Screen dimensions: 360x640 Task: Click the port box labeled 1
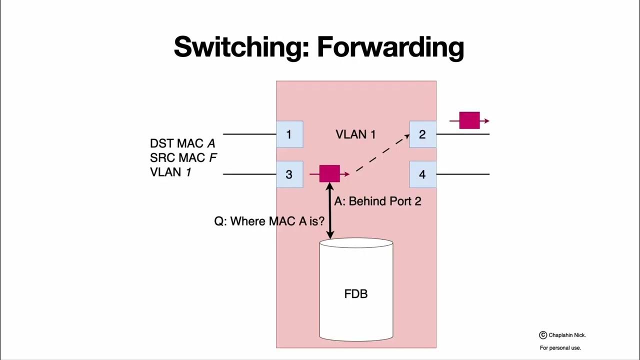(289, 134)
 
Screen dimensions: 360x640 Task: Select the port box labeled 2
(422, 134)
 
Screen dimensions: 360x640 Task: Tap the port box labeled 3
(289, 174)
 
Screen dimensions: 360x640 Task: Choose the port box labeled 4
(422, 174)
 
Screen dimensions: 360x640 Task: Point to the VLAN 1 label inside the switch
(355, 134)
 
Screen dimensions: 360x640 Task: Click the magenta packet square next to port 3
(329, 173)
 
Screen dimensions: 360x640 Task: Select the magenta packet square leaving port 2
(469, 120)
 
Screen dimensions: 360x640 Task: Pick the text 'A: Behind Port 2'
(377, 201)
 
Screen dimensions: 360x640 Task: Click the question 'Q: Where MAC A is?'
(269, 221)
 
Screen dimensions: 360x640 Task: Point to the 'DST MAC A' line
(182, 144)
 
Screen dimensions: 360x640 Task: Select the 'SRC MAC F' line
(183, 158)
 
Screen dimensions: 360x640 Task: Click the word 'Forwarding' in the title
(390, 47)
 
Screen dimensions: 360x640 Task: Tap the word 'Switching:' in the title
(241, 47)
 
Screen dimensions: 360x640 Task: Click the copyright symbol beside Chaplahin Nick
(543, 335)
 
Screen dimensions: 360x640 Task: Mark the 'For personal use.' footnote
(560, 348)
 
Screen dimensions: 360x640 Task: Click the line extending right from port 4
(462, 174)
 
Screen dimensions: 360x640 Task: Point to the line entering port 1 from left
(249, 134)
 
